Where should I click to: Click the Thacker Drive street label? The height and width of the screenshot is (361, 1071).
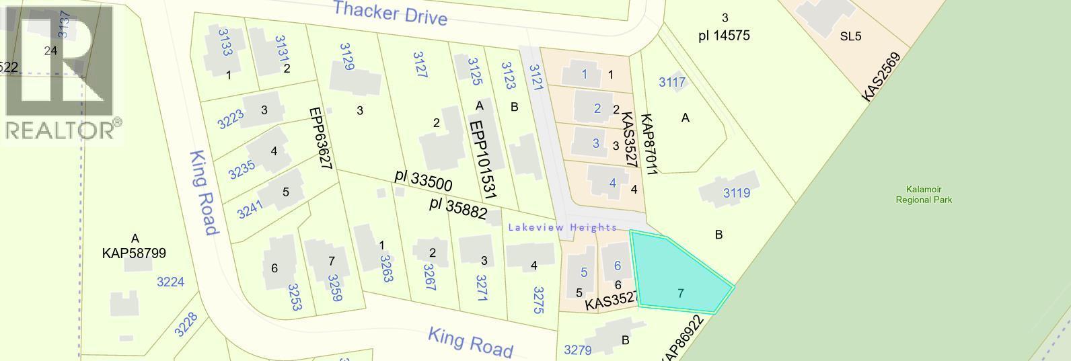tap(390, 13)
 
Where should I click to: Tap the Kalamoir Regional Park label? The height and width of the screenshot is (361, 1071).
tap(924, 195)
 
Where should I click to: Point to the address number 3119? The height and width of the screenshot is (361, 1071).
tap(736, 194)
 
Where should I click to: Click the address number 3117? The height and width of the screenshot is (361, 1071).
tap(672, 82)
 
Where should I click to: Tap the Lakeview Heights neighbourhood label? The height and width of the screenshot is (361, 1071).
tap(562, 227)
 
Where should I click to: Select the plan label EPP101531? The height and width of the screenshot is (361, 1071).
tap(483, 159)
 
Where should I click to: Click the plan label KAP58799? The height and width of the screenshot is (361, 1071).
tap(134, 253)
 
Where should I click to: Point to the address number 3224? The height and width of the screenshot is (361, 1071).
tap(170, 282)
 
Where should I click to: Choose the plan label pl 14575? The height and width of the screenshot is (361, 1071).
tap(724, 35)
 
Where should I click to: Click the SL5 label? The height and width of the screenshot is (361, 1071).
tap(850, 36)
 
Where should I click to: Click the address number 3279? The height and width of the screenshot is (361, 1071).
tap(577, 350)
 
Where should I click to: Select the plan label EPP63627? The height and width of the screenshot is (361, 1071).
tap(322, 139)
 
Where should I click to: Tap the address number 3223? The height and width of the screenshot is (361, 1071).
tap(231, 120)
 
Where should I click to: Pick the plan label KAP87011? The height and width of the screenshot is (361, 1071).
tap(647, 144)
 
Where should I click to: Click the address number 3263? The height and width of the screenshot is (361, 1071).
tap(386, 268)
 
